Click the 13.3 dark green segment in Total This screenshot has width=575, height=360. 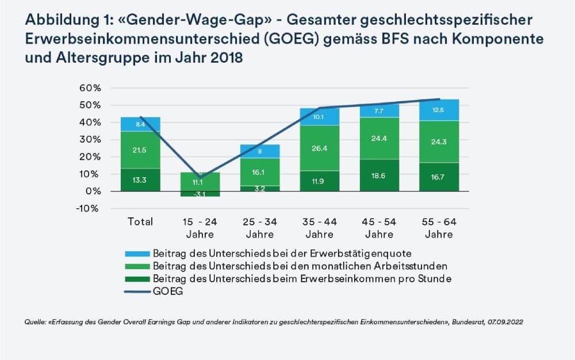click(140, 179)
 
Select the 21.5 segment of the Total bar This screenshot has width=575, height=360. click(140, 150)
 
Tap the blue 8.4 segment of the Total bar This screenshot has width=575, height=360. click(140, 124)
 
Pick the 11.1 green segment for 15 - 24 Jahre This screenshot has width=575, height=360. click(200, 182)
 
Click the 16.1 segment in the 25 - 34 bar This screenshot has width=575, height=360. click(260, 172)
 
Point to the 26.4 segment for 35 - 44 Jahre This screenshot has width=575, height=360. click(319, 148)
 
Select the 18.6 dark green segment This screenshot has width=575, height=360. click(379, 175)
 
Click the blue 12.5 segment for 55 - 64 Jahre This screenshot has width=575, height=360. click(439, 110)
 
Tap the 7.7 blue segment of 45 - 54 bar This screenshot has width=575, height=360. click(379, 111)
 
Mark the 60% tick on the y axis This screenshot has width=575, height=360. click(90, 88)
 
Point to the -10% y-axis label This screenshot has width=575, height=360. click(87, 209)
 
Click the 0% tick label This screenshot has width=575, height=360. click(93, 192)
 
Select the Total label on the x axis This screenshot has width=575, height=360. click(140, 221)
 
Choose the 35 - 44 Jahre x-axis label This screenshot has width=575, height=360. click(319, 228)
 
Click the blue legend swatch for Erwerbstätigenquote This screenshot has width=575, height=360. click(137, 254)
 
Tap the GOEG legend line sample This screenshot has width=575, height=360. click(137, 292)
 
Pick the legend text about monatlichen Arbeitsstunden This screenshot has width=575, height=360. click(300, 266)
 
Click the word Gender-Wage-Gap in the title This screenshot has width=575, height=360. click(195, 20)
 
